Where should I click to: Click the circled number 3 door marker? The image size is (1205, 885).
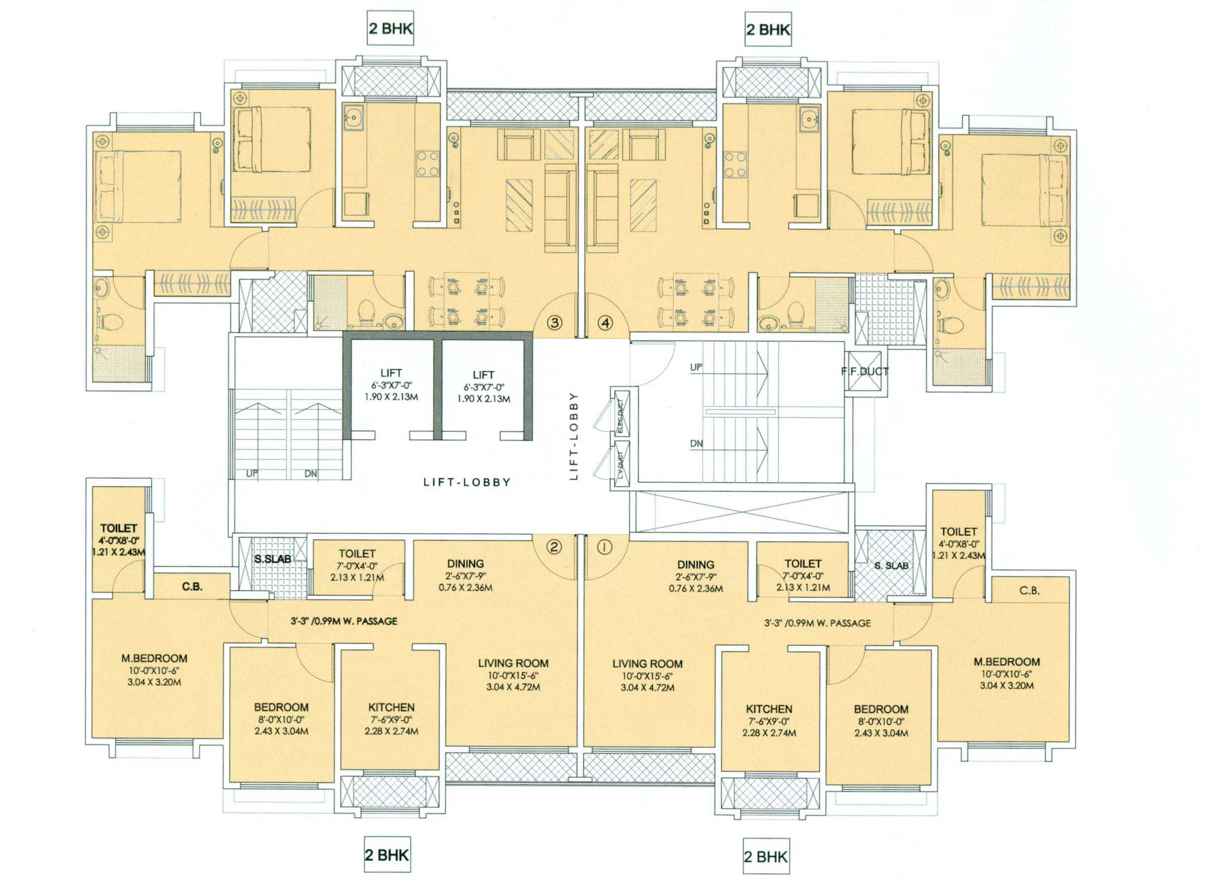[x=555, y=323]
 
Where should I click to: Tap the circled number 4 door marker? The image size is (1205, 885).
[x=605, y=323]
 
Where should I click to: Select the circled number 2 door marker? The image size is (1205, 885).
[x=555, y=547]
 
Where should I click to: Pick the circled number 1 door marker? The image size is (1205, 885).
[x=605, y=547]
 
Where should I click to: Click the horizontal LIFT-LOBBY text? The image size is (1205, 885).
[x=467, y=482]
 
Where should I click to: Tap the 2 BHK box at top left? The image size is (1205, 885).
[x=390, y=29]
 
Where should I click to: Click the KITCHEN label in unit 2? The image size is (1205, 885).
[x=391, y=707]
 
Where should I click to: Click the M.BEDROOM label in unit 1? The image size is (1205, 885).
[x=1006, y=662]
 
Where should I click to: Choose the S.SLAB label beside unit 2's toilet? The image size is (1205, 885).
[x=272, y=559]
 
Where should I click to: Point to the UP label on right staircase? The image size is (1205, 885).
[x=696, y=367]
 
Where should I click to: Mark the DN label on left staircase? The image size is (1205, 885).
[x=311, y=474]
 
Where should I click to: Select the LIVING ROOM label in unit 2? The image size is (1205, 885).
[x=513, y=663]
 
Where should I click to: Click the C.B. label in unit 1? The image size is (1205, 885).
[x=1029, y=591]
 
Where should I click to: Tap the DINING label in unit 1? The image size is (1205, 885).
[x=695, y=565]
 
